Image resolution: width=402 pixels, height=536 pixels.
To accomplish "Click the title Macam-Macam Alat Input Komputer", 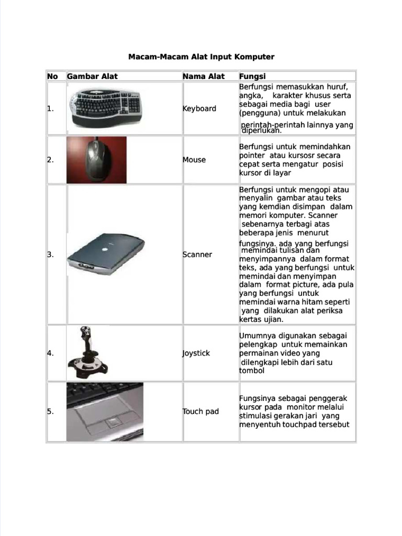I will (201, 57).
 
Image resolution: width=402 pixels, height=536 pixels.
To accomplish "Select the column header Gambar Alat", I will (92, 76).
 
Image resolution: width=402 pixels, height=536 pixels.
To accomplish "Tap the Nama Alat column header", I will (203, 76).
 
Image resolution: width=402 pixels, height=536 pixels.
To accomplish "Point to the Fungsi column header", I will (252, 76).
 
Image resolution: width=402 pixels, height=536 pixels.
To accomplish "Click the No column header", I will (52, 76).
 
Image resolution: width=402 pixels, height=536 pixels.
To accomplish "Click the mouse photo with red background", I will (96, 160).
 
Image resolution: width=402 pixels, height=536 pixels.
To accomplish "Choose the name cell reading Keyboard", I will (199, 108).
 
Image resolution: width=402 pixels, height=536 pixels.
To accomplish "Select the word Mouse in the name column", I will (194, 160).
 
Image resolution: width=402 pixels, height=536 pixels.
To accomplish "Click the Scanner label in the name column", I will (197, 254).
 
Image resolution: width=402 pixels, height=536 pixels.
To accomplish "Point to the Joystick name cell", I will (196, 353).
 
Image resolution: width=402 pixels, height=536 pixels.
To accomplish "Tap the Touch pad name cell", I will (200, 411).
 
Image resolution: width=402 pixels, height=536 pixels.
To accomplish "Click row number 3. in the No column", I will (51, 254).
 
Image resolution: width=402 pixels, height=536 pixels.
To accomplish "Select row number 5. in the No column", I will (51, 411).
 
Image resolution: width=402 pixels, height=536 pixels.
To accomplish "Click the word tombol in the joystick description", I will (252, 371).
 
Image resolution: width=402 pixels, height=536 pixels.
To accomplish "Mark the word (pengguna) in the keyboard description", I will (259, 113).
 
